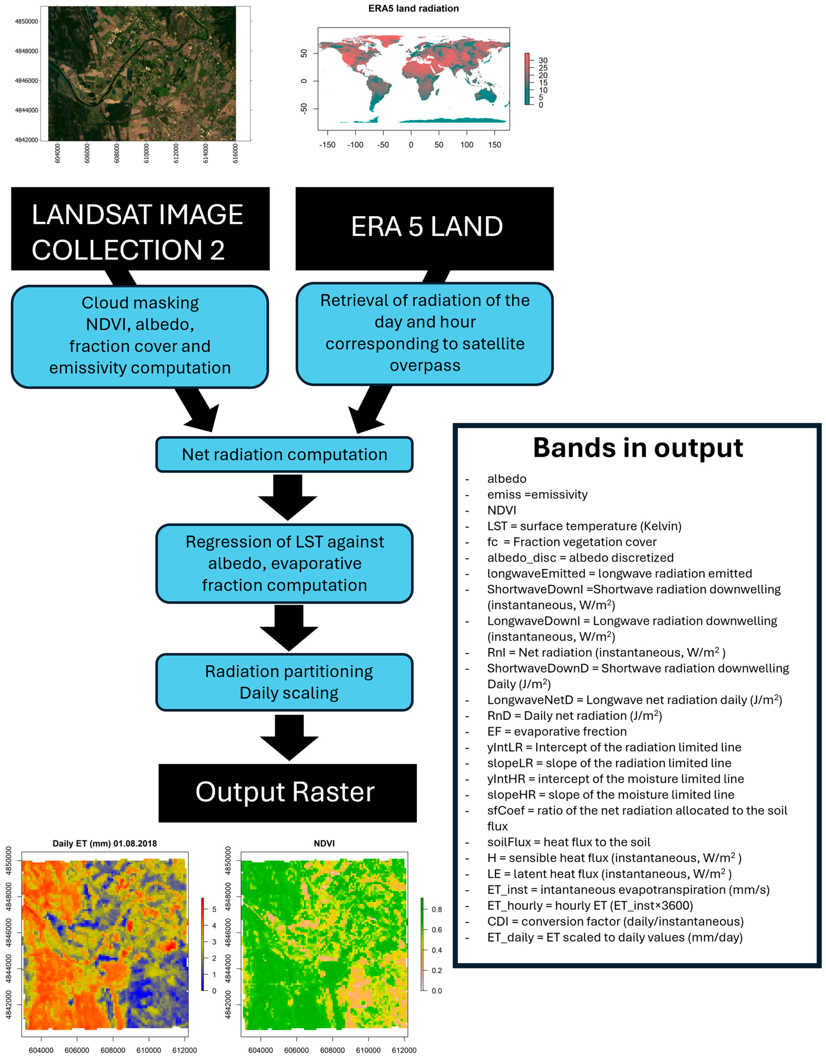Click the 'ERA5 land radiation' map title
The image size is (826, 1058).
[x=413, y=8]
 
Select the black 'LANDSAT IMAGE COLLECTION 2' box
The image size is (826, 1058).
[x=140, y=229]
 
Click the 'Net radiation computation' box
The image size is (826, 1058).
[x=285, y=454]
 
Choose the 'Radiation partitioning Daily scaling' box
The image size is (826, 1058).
[x=285, y=682]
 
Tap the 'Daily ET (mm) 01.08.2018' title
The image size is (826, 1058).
[x=105, y=843]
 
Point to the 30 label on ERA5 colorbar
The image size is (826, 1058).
[x=543, y=61]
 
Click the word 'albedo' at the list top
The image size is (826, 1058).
[x=506, y=479]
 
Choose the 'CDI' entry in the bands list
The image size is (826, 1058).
[x=498, y=921]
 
